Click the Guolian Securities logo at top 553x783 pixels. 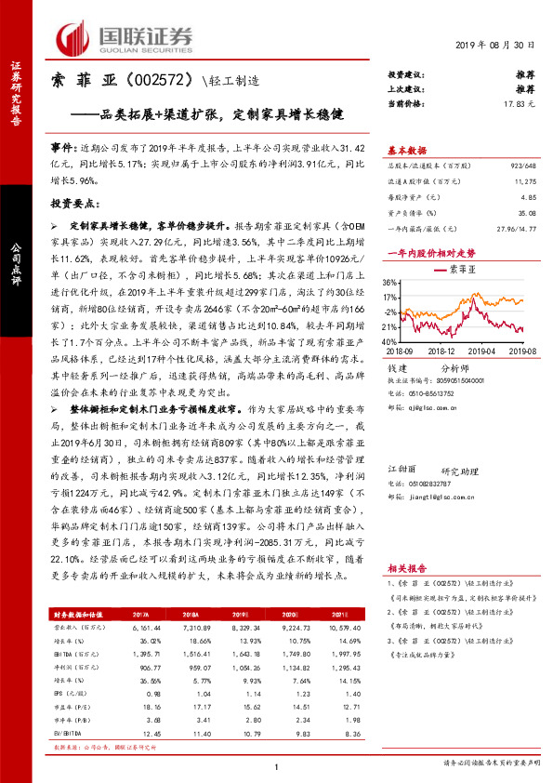tap(125, 37)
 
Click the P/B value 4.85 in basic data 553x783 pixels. tap(528, 197)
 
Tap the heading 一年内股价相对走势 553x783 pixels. tap(430, 252)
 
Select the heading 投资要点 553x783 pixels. tap(74, 202)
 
